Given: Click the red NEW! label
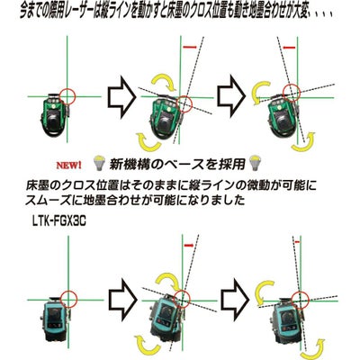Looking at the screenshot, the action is [68, 165].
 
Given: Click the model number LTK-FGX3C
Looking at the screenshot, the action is [58, 222].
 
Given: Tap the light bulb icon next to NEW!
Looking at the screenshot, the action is [99, 164].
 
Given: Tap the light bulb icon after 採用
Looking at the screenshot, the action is [255, 163].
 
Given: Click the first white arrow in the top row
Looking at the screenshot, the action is [121, 96].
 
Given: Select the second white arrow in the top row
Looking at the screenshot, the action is [231, 96].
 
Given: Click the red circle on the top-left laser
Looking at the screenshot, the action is [67, 96].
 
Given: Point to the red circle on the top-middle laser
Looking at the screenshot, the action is [184, 103].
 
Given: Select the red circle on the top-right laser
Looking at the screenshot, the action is [292, 91].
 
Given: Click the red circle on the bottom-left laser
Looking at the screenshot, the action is [68, 299].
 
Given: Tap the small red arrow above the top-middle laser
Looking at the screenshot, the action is [190, 47].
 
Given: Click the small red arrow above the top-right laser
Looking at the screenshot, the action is [290, 48].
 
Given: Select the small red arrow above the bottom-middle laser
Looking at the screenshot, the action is [188, 246].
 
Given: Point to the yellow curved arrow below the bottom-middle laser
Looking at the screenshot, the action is [147, 345].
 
